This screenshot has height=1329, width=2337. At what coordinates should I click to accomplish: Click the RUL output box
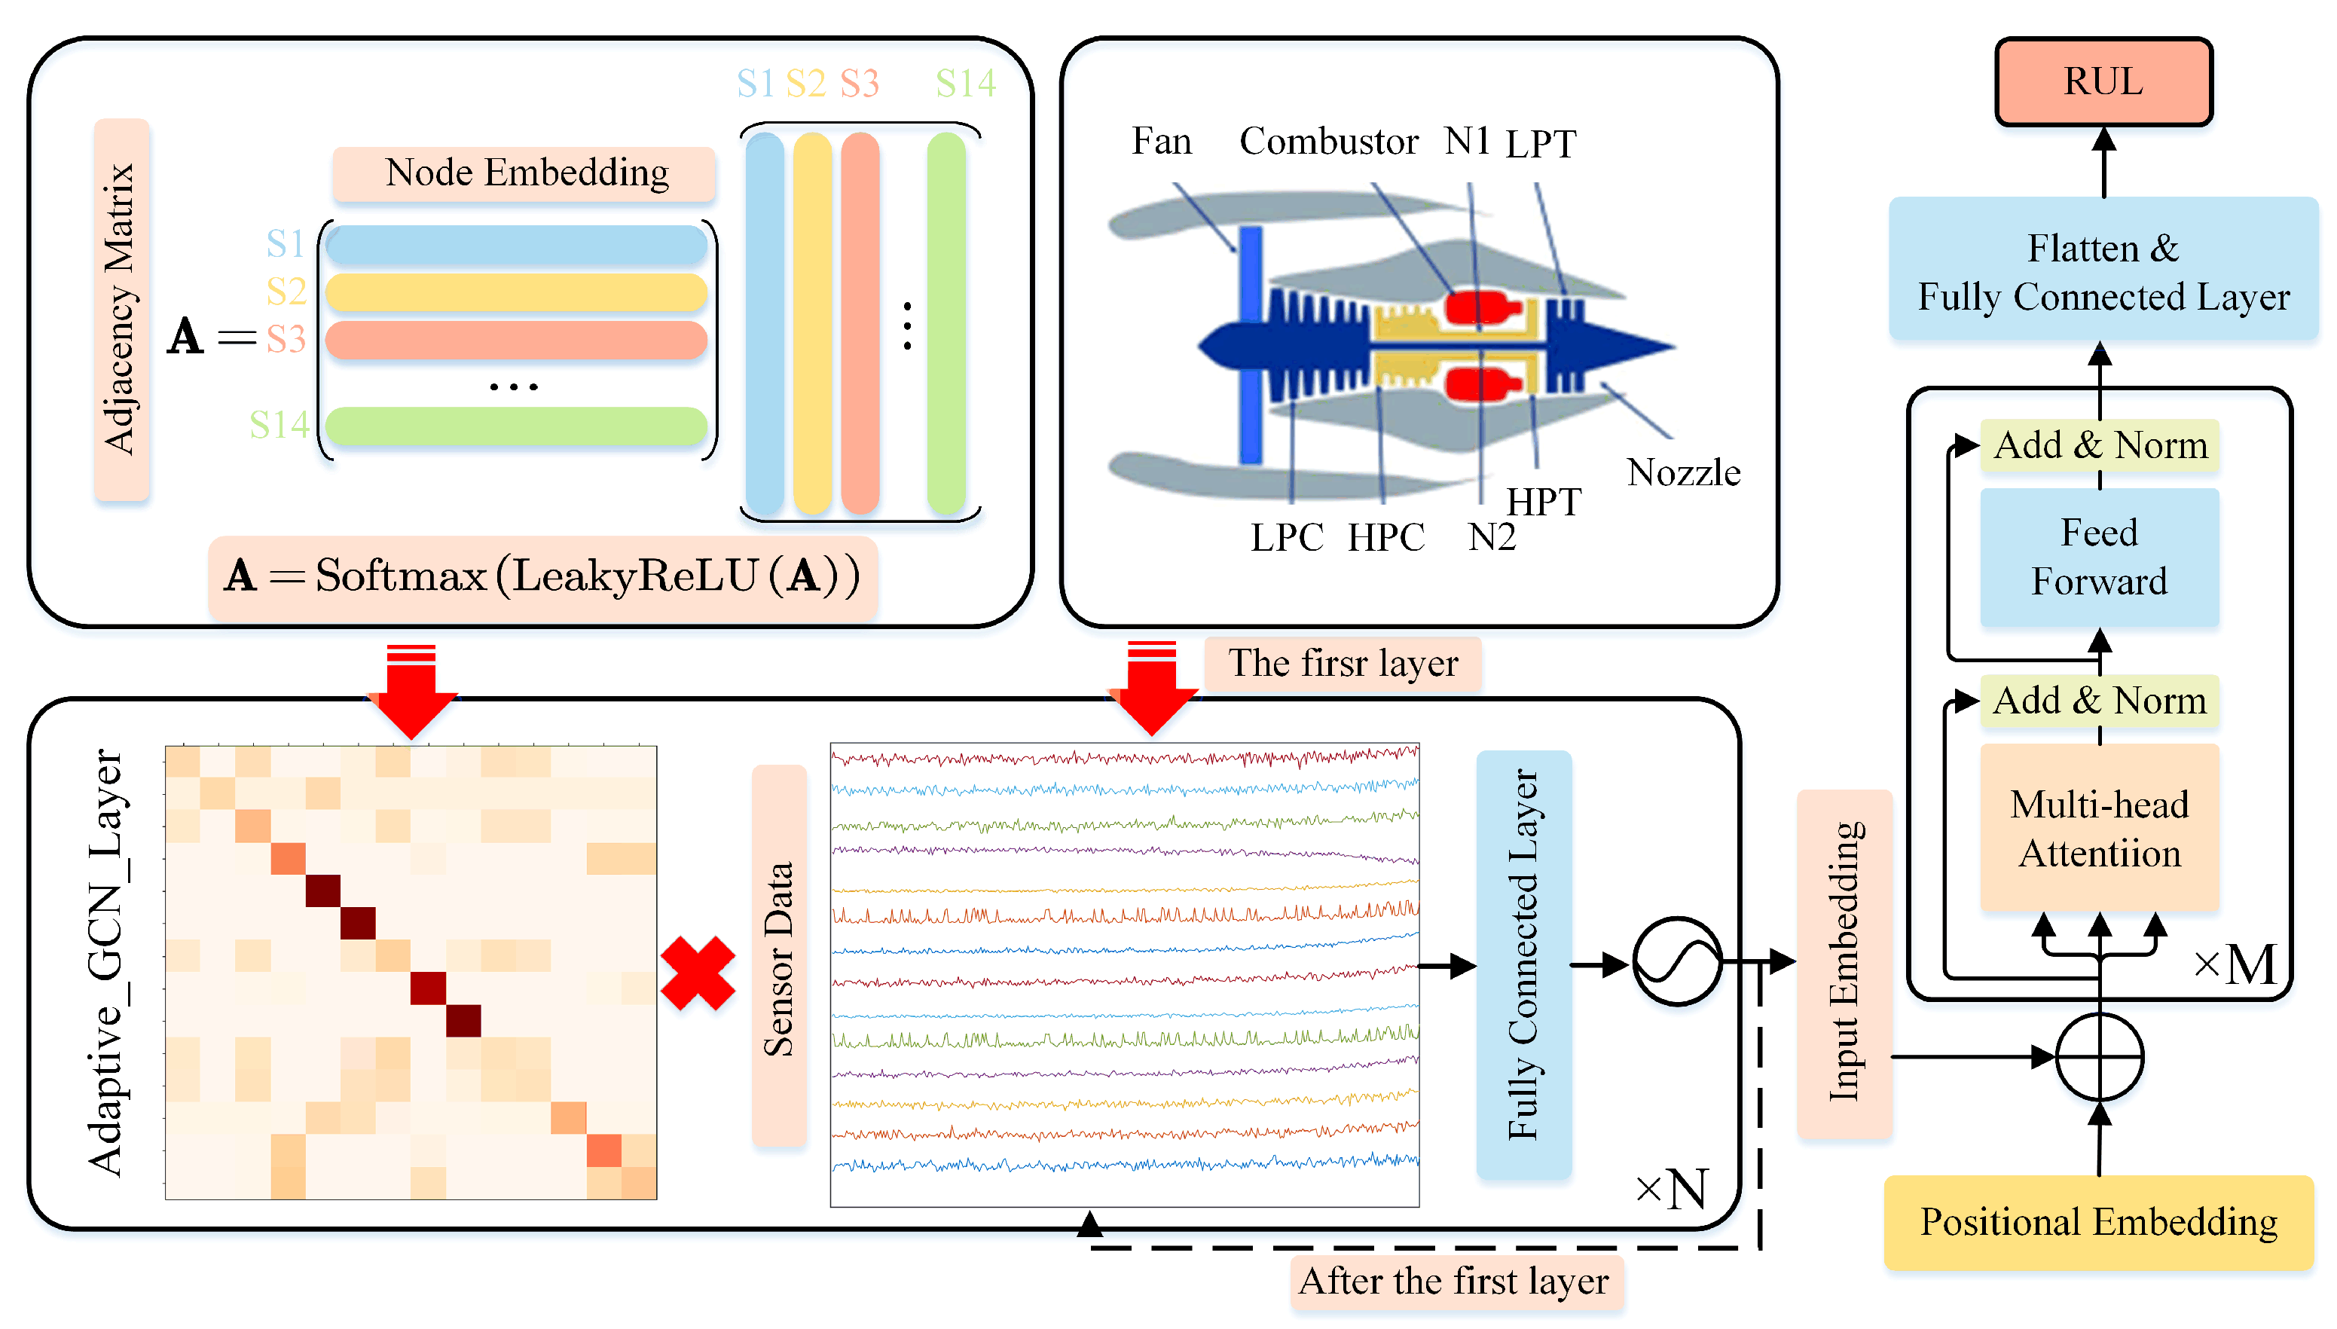click(x=2103, y=82)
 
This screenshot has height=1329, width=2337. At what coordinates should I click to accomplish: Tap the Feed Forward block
click(x=2099, y=557)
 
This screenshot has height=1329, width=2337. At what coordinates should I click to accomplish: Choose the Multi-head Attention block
click(x=2099, y=828)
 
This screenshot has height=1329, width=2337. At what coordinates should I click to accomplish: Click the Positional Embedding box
click(x=2098, y=1221)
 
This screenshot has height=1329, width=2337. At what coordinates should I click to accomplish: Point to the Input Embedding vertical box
click(x=1844, y=962)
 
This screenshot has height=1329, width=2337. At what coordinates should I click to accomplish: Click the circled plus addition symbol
click(x=2099, y=1056)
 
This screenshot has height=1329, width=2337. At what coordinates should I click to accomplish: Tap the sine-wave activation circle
click(x=1676, y=962)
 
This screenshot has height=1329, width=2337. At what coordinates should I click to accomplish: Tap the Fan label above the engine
click(x=1161, y=142)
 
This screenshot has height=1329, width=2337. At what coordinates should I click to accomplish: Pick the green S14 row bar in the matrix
click(x=515, y=426)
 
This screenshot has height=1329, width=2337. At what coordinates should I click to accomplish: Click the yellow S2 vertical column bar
click(x=811, y=324)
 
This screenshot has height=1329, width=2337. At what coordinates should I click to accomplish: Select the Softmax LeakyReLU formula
click(x=543, y=576)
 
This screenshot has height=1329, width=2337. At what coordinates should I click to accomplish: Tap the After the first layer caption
click(x=1455, y=1282)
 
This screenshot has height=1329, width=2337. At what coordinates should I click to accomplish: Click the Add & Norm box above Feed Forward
click(x=2099, y=445)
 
